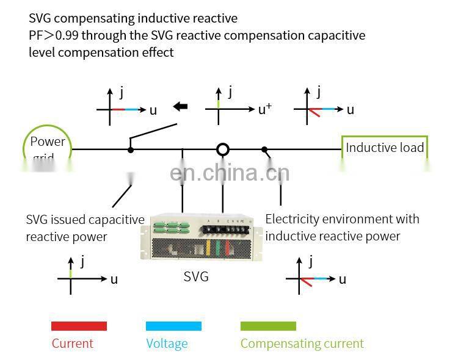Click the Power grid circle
pos(48,148)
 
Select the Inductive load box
pos(384,148)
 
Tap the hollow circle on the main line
pos(223,149)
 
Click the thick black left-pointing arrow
pos(180,107)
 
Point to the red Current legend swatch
pos(79,326)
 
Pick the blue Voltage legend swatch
pos(173,326)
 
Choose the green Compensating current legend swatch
pos(268,326)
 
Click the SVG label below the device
pos(196,277)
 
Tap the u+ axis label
pos(264,110)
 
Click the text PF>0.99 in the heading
pos(54,35)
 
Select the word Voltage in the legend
pos(167,344)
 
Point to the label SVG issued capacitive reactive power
pos(85,228)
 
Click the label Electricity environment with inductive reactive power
pos(342,227)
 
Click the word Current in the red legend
pos(72,344)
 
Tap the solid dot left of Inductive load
pos(264,149)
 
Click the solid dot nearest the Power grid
pos(130,149)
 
